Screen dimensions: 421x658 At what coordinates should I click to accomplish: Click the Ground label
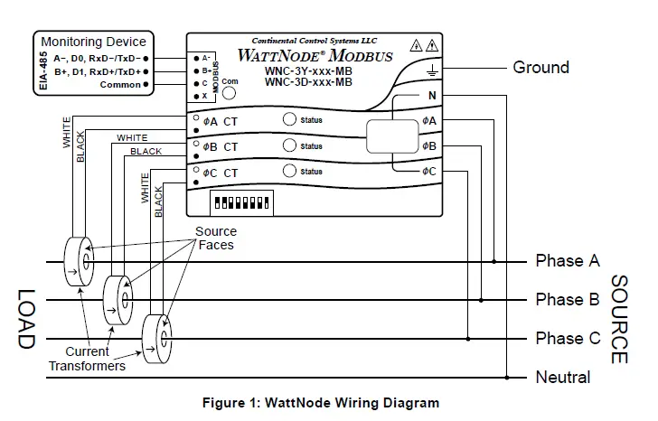tap(540, 68)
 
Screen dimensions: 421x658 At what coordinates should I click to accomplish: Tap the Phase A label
tap(567, 261)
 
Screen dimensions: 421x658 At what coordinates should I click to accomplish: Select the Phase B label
tap(567, 300)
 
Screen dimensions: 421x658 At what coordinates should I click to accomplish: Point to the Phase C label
tap(567, 339)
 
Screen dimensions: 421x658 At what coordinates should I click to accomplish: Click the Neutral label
tap(562, 378)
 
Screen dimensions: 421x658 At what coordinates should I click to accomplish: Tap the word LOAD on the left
tap(24, 319)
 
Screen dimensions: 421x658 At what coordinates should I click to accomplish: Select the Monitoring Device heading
tap(93, 42)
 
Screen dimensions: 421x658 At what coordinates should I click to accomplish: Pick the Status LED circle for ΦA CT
tap(289, 120)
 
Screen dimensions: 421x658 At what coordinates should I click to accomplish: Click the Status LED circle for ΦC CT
tap(289, 172)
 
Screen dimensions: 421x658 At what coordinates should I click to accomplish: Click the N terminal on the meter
tap(431, 96)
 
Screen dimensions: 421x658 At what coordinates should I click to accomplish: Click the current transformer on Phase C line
tap(161, 339)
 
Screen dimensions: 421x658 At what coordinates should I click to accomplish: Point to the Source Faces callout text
tap(216, 239)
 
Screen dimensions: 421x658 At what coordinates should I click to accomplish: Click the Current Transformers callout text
tap(88, 359)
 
